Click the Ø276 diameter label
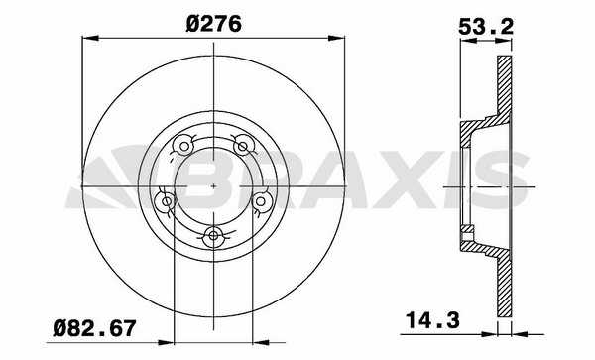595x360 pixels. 213,24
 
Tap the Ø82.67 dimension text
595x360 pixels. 94,328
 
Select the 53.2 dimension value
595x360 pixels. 486,27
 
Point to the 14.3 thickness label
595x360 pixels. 432,320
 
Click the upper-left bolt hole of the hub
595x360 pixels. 184,146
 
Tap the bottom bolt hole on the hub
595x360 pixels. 213,236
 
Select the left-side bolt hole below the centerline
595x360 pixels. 167,201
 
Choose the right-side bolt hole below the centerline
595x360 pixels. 260,201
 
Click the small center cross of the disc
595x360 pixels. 213,186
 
